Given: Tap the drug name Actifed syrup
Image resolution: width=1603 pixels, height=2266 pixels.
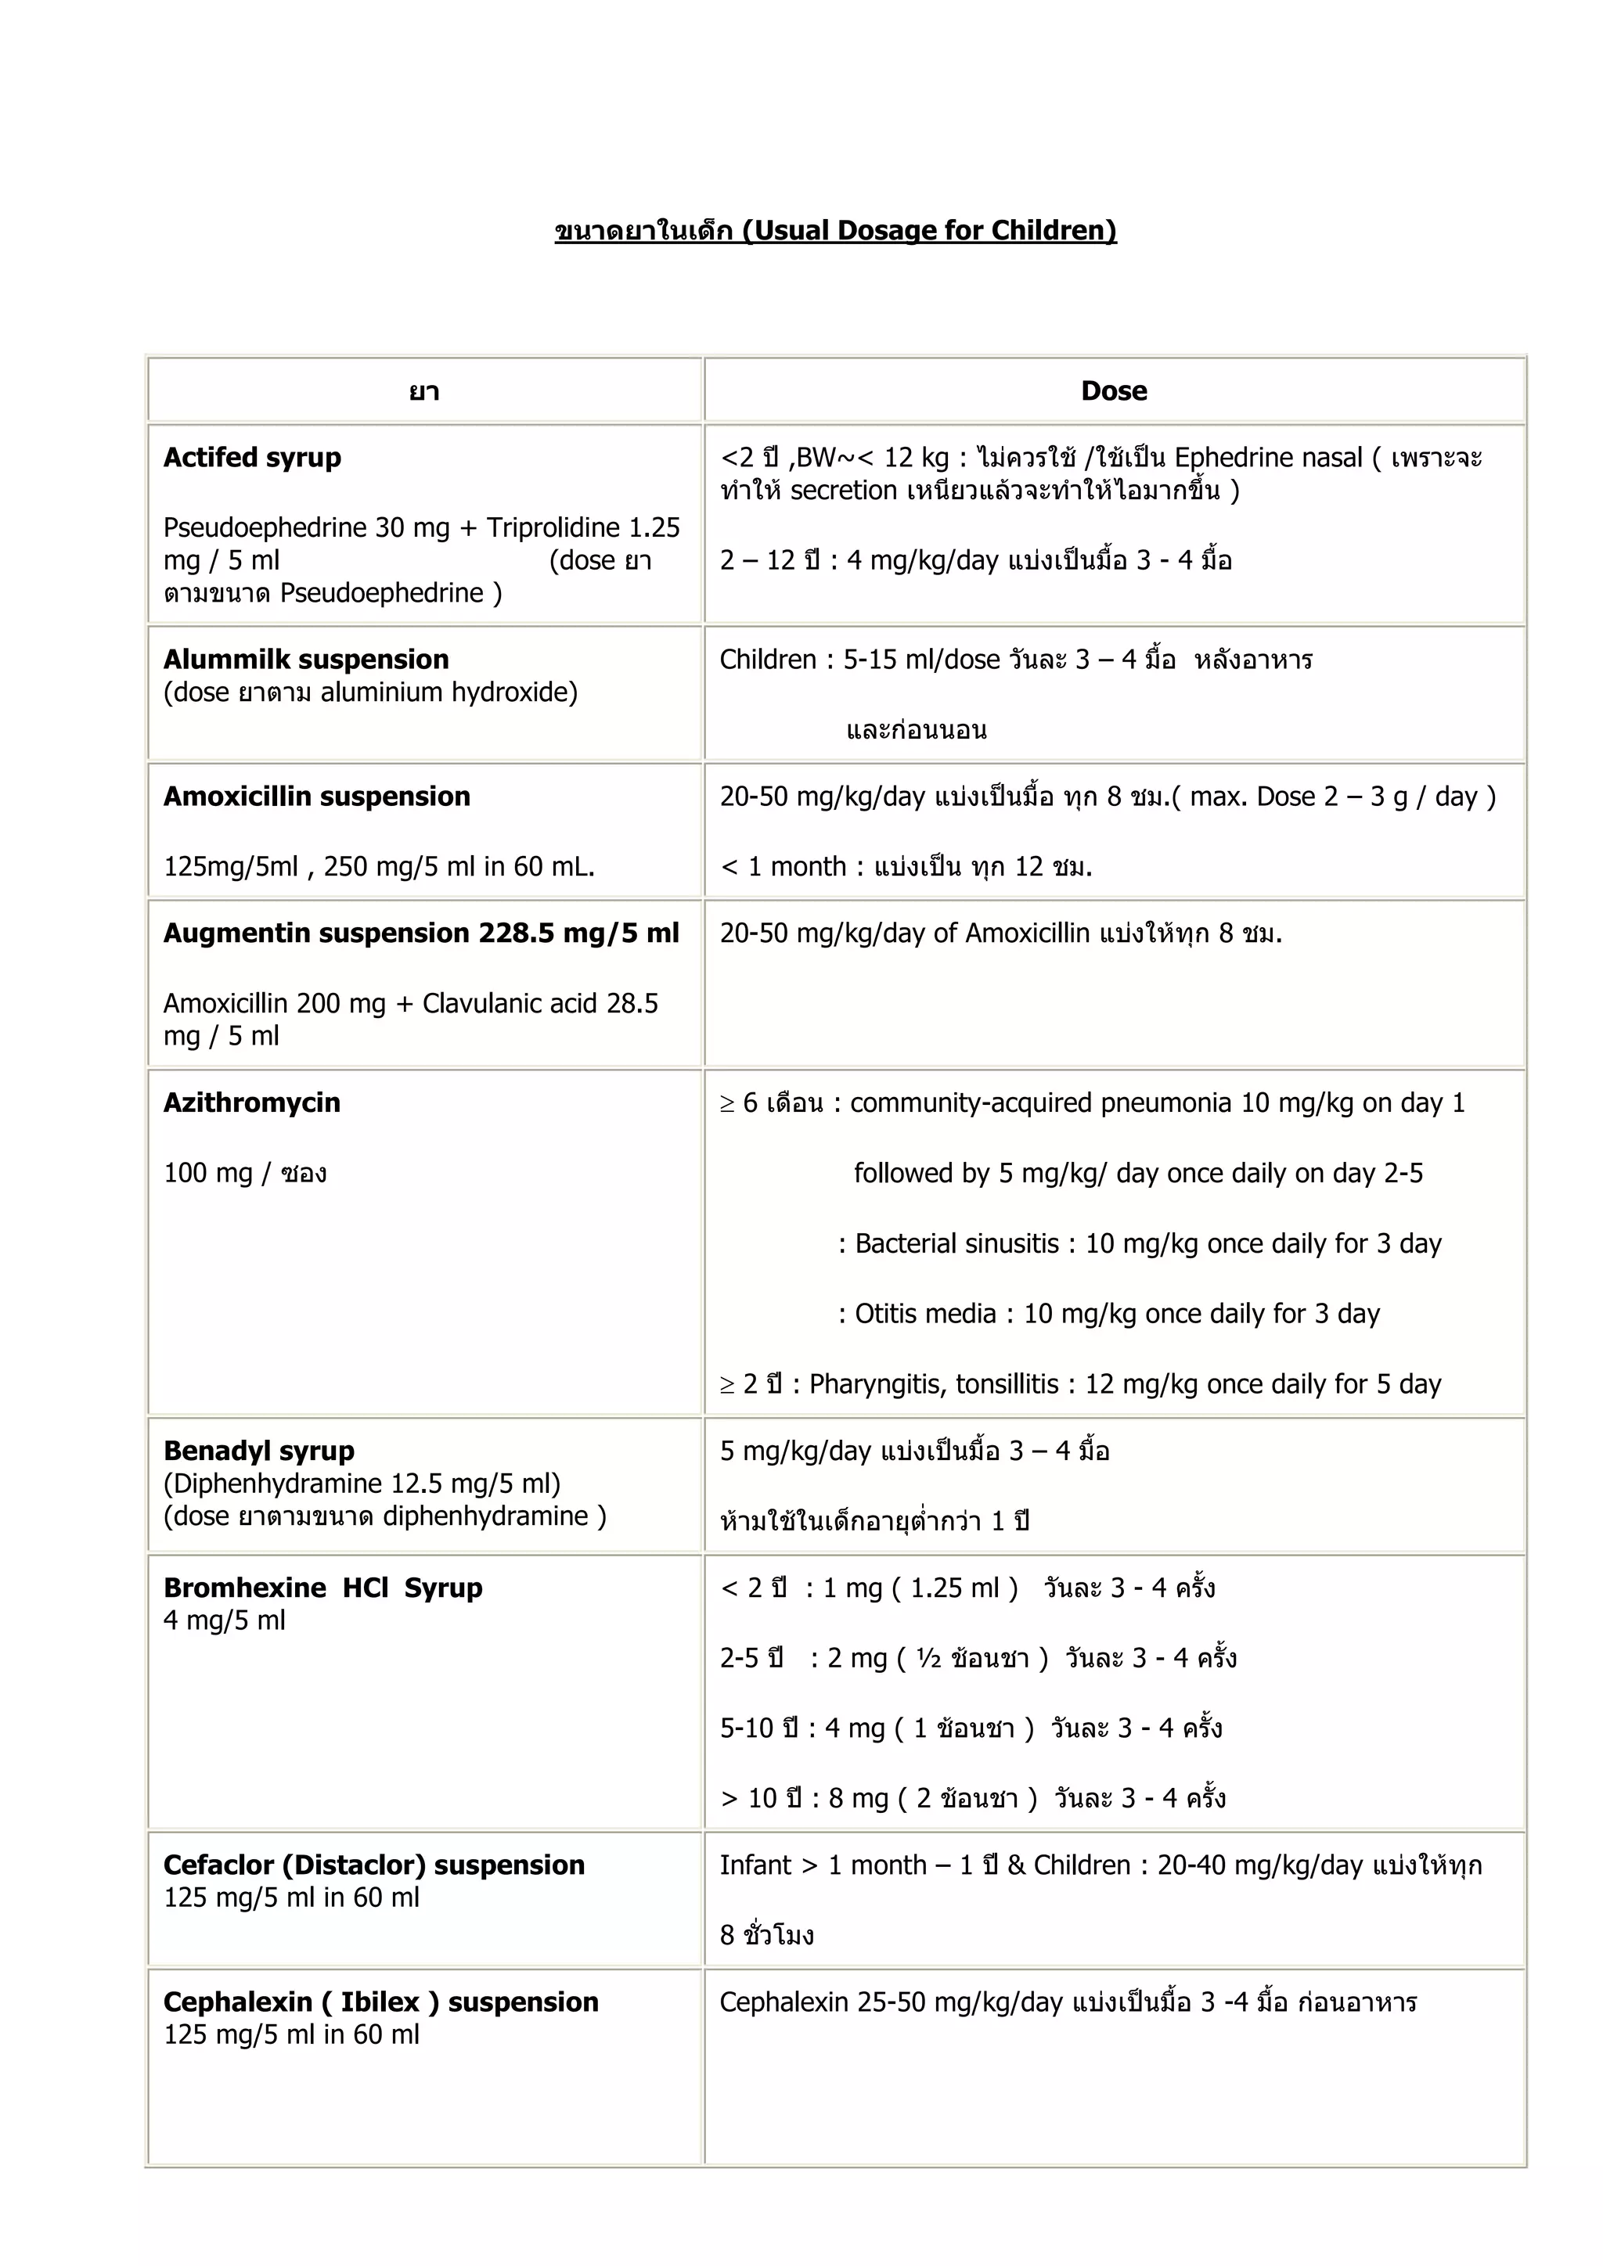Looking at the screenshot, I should pyautogui.click(x=252, y=458).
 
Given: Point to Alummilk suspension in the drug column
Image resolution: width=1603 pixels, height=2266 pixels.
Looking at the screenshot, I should pyautogui.click(x=306, y=660).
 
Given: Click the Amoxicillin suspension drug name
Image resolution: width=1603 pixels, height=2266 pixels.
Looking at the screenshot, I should pyautogui.click(x=317, y=797).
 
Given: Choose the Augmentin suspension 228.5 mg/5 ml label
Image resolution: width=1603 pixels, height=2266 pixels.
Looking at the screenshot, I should pyautogui.click(x=421, y=933).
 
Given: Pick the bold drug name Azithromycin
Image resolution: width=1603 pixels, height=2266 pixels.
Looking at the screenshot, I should pyautogui.click(x=252, y=1102).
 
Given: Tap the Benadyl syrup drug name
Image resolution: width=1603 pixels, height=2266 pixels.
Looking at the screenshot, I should pyautogui.click(x=258, y=1451).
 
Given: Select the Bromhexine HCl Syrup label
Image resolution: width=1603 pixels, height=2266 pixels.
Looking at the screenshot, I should pyautogui.click(x=322, y=1588).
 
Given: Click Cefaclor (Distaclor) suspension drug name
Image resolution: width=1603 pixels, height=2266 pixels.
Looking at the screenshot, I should pyautogui.click(x=374, y=1865).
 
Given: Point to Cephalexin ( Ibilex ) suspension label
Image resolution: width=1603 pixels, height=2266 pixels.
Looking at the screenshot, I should pyautogui.click(x=381, y=2002).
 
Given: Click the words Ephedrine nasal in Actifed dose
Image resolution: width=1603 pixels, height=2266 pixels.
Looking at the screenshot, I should pyautogui.click(x=1267, y=458).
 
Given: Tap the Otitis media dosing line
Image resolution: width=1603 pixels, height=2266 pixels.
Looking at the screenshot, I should pyautogui.click(x=1108, y=1314).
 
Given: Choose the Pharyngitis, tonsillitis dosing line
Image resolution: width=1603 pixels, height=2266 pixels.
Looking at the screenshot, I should pyautogui.click(x=1080, y=1383).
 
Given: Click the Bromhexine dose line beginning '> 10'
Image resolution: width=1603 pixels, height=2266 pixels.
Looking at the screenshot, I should pyautogui.click(x=972, y=1798).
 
